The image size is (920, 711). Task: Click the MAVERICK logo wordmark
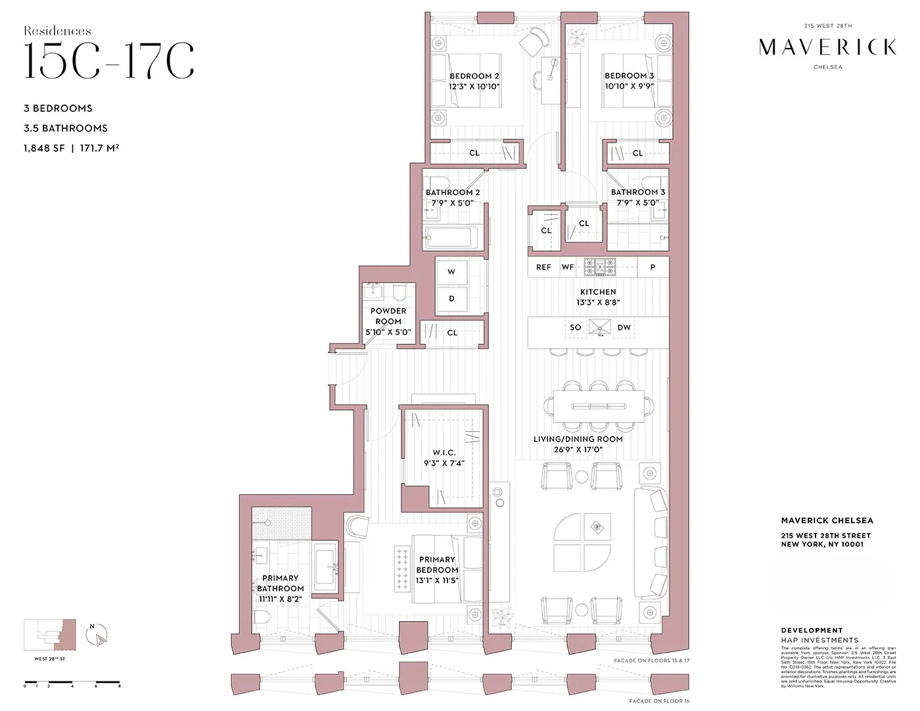827,47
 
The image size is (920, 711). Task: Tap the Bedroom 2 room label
474,76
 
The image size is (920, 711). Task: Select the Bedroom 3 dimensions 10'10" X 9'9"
629,86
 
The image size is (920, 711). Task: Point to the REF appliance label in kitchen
543,267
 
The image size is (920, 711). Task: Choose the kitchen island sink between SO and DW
599,327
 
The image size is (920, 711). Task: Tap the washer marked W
451,272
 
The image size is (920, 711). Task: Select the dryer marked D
451,299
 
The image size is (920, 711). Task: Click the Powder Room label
388,316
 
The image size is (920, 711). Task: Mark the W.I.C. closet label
444,453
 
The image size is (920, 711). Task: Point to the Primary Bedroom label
437,564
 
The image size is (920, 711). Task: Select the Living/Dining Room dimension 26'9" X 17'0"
578,450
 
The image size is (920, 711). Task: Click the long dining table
599,406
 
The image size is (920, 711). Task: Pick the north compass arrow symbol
97,636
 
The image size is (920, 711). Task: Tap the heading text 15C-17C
109,62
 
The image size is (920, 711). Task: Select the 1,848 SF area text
44,149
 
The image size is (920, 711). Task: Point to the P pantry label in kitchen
653,267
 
